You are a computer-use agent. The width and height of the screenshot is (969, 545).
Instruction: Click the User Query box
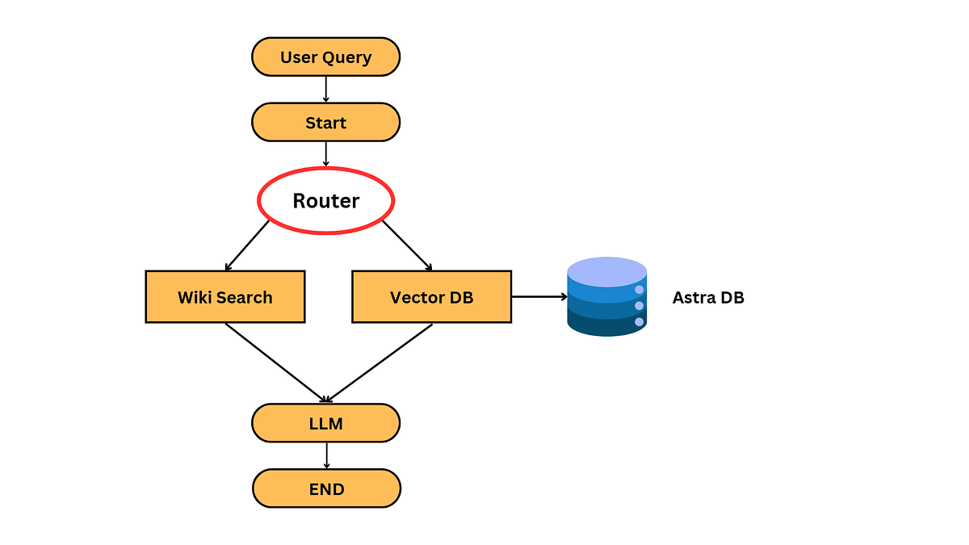(x=325, y=57)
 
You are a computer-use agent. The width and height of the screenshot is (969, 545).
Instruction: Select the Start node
(x=325, y=123)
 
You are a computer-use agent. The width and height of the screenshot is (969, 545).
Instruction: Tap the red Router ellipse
(x=325, y=201)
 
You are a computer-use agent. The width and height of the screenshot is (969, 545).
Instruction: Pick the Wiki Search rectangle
(x=225, y=297)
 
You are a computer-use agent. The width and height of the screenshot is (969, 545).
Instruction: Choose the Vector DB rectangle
(x=432, y=297)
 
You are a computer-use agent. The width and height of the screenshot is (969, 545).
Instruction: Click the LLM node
(x=325, y=423)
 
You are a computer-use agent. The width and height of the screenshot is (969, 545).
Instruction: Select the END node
(x=326, y=488)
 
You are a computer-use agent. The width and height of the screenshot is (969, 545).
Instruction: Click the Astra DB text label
(x=708, y=298)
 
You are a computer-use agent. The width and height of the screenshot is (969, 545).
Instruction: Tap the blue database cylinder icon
(x=607, y=297)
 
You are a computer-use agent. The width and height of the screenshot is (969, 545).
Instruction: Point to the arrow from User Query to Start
(x=325, y=90)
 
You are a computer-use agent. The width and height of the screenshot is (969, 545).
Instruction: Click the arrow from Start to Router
(x=325, y=154)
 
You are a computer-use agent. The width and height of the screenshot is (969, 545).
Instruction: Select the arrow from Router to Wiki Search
(x=247, y=245)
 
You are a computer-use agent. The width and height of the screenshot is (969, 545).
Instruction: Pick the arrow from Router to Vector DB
(x=407, y=245)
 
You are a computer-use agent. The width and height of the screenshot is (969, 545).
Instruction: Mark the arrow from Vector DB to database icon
(x=539, y=297)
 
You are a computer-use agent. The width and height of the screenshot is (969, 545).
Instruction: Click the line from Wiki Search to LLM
(x=275, y=363)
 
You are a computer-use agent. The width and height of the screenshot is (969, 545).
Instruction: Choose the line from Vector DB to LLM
(x=380, y=363)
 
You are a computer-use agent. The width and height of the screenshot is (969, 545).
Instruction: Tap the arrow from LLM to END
(x=326, y=456)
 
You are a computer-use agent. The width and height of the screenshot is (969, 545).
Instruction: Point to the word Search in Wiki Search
(x=245, y=298)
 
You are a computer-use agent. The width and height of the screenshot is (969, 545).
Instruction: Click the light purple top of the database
(x=607, y=271)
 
